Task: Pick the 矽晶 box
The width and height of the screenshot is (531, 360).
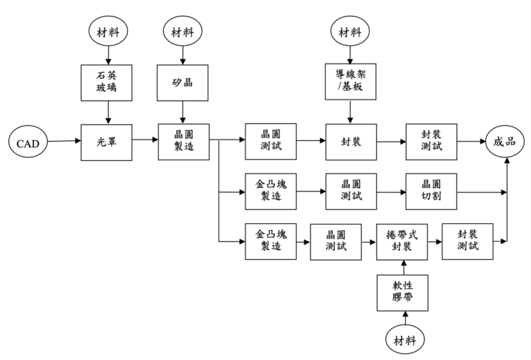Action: tap(183, 82)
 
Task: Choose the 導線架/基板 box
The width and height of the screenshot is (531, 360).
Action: tap(351, 82)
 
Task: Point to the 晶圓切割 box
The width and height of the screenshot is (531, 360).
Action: tap(431, 191)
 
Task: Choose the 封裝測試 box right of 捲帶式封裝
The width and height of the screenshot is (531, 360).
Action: tap(468, 241)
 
